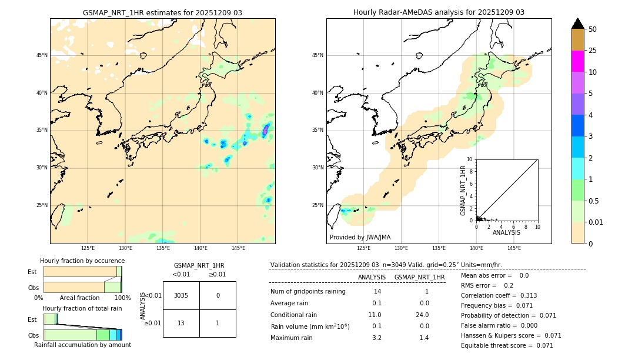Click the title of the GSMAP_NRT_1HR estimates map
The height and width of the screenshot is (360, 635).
pyautogui.click(x=162, y=12)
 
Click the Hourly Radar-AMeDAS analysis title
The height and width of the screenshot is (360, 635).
pyautogui.click(x=439, y=12)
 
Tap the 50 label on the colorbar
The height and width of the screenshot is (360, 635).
pyautogui.click(x=593, y=29)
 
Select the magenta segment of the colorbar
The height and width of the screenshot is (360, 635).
pyautogui.click(x=577, y=61)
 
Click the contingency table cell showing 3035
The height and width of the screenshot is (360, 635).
pyautogui.click(x=181, y=295)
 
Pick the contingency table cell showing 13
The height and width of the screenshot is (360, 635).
pyautogui.click(x=181, y=323)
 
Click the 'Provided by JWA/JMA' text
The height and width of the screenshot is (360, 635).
pyautogui.click(x=360, y=238)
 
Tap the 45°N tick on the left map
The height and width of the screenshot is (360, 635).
pyautogui.click(x=41, y=55)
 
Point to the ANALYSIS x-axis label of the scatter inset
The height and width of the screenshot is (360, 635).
pyautogui.click(x=506, y=232)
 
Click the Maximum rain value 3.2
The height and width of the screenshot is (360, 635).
pyautogui.click(x=376, y=338)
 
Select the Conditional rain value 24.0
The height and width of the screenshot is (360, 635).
pyautogui.click(x=423, y=315)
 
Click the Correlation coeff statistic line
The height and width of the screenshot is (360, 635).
pyautogui.click(x=499, y=295)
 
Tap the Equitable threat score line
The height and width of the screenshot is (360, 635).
pyautogui.click(x=507, y=345)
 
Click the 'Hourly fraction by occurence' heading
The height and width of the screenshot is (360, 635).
pyautogui.click(x=82, y=261)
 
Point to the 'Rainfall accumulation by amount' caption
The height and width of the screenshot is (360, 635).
pyautogui.click(x=82, y=345)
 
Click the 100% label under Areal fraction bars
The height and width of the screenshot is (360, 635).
pyautogui.click(x=122, y=298)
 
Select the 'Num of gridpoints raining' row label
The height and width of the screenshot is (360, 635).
pyautogui.click(x=308, y=292)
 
